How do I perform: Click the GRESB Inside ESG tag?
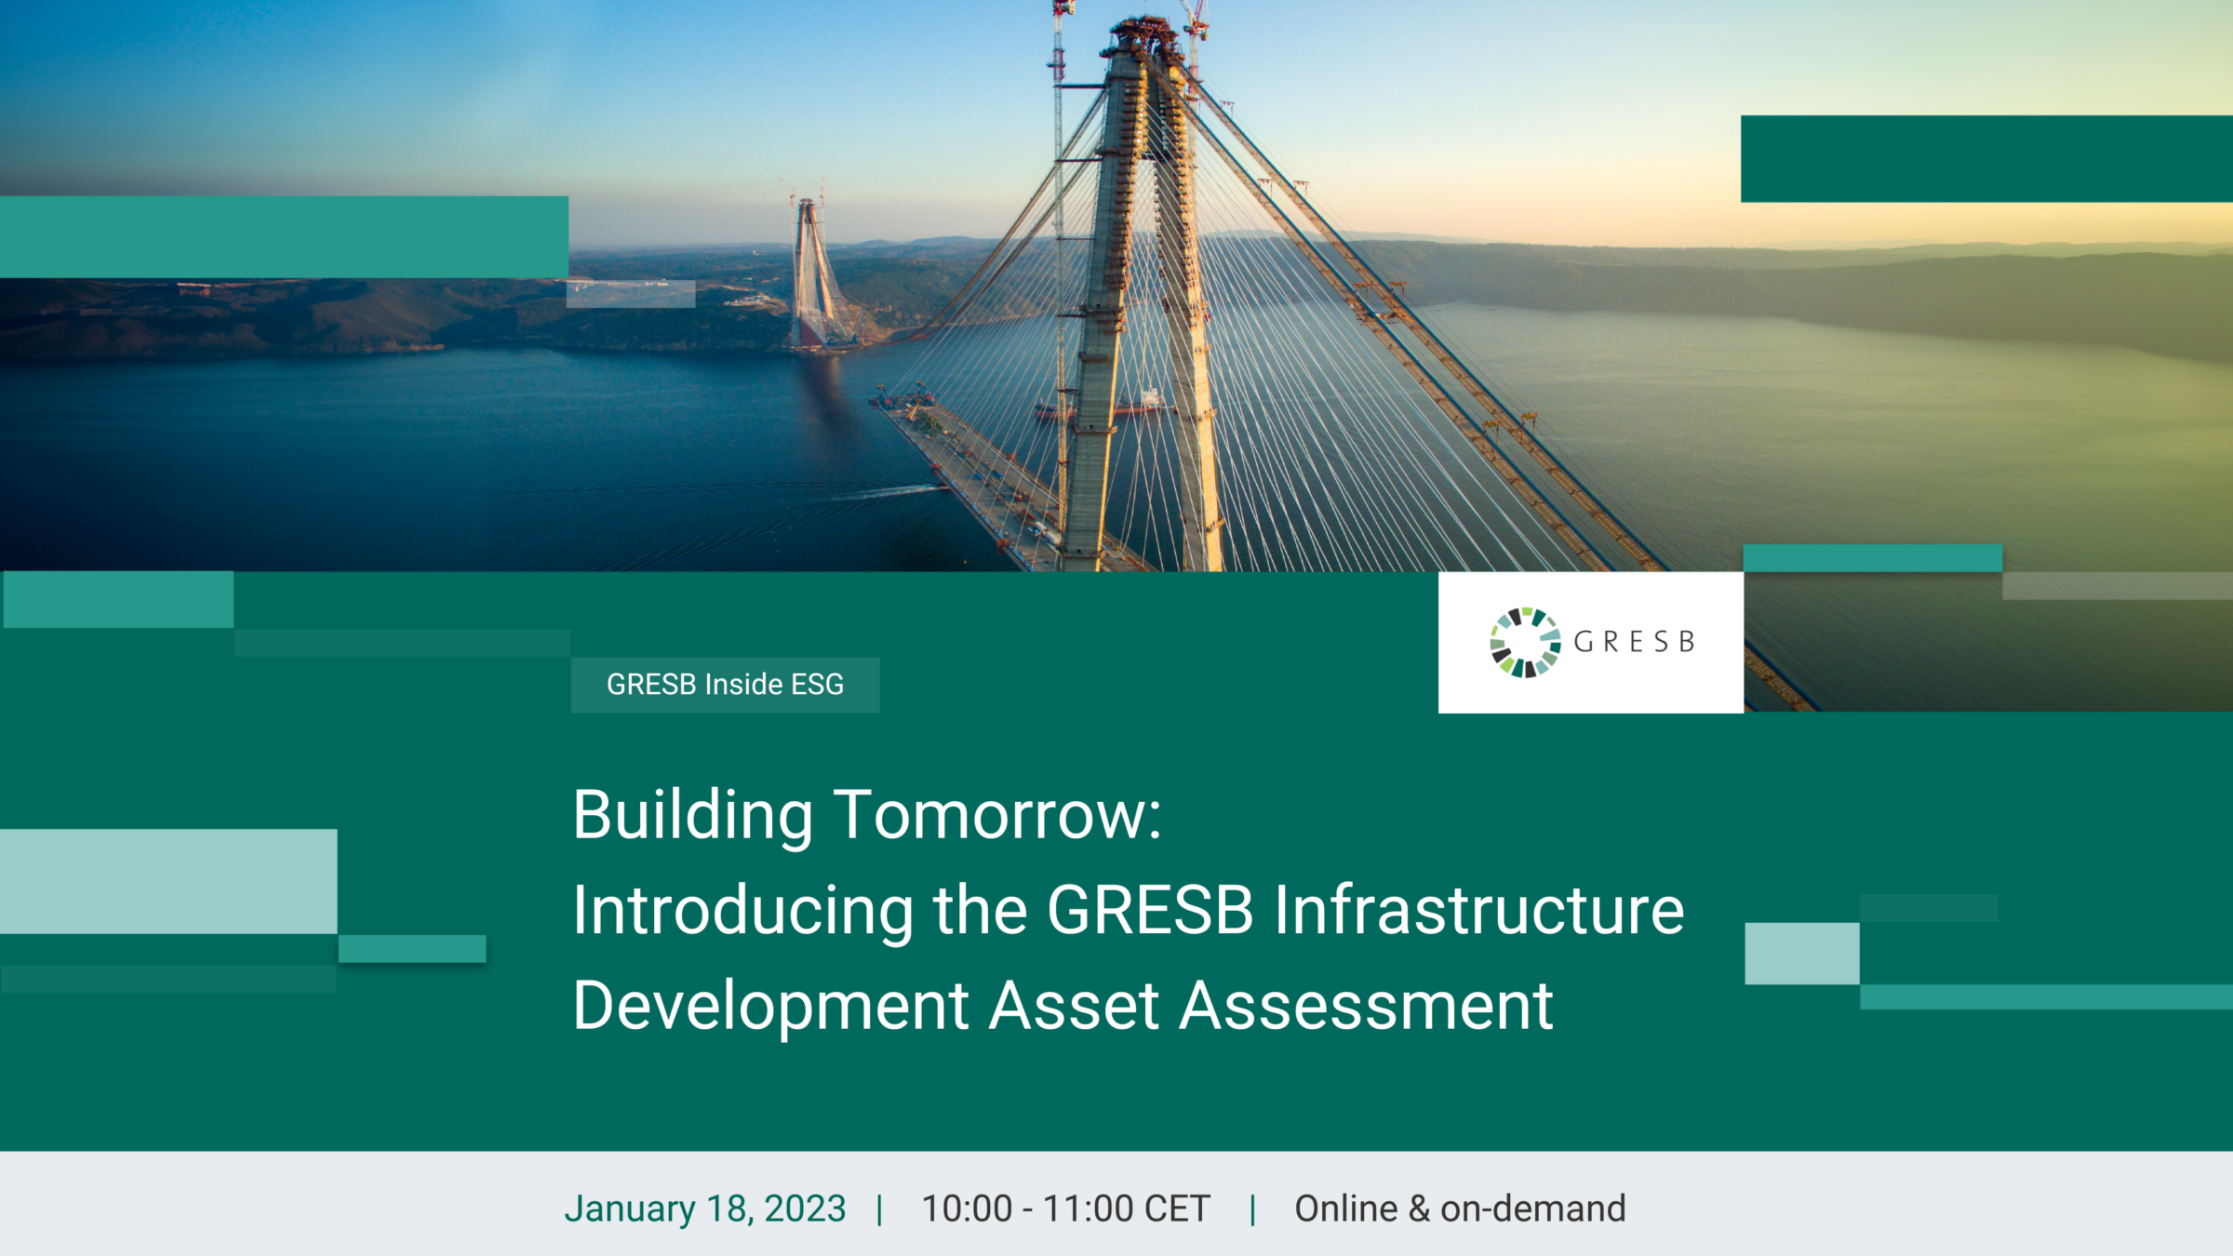pyautogui.click(x=725, y=685)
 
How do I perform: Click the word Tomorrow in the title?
pyautogui.click(x=997, y=815)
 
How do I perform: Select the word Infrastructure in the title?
pyautogui.click(x=1479, y=910)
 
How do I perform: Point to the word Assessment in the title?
pyautogui.click(x=1366, y=1006)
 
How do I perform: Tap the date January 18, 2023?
pyautogui.click(x=705, y=1209)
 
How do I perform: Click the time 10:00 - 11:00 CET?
pyautogui.click(x=1065, y=1209)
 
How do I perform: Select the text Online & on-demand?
pyautogui.click(x=1460, y=1209)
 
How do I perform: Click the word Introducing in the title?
pyautogui.click(x=743, y=912)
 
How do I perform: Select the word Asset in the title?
pyautogui.click(x=1074, y=1006)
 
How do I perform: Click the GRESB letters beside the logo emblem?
pyautogui.click(x=1634, y=642)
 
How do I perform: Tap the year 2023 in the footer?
pyautogui.click(x=805, y=1209)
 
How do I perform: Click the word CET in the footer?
pyautogui.click(x=1177, y=1209)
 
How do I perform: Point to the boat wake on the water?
pyautogui.click(x=884, y=491)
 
